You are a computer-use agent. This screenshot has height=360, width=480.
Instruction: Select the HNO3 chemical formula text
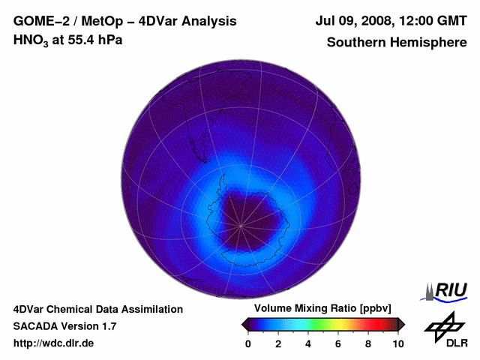[31, 40]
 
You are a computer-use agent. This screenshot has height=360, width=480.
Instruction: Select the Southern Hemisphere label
[397, 42]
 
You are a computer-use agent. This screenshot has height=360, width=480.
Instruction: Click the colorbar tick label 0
[248, 343]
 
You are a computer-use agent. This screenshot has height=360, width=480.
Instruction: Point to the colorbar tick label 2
[278, 343]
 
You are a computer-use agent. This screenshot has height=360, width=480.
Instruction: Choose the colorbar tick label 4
[308, 343]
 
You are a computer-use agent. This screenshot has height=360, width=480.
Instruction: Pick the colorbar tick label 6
[338, 343]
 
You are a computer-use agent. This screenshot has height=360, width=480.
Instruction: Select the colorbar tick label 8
[368, 343]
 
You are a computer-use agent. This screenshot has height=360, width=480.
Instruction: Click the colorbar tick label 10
[397, 343]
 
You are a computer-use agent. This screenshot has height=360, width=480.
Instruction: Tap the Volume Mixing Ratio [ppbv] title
[323, 309]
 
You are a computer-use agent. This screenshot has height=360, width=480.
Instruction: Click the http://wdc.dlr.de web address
[54, 343]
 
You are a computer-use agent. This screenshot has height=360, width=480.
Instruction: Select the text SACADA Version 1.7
[64, 326]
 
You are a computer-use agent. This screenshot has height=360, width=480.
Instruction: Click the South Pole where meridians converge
[241, 224]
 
